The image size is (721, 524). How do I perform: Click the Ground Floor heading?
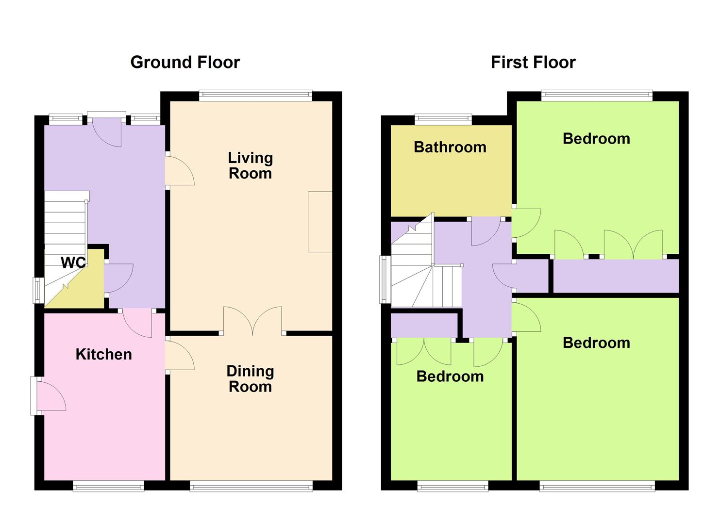pyautogui.click(x=185, y=63)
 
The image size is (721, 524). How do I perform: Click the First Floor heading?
pyautogui.click(x=533, y=63)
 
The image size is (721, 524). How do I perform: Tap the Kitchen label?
pyautogui.click(x=103, y=355)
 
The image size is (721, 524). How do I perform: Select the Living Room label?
pyautogui.click(x=250, y=165)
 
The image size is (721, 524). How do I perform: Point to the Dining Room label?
pyautogui.click(x=250, y=378)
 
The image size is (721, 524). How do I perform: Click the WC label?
pyautogui.click(x=73, y=263)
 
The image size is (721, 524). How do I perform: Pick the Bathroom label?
pyautogui.click(x=450, y=147)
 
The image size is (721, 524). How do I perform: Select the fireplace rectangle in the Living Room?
pyautogui.click(x=320, y=222)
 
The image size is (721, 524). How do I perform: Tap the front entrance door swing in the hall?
pyautogui.click(x=107, y=133)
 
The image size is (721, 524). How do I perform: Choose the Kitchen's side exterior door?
pyautogui.click(x=48, y=395)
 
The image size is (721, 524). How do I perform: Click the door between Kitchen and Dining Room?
pyautogui.click(x=180, y=356)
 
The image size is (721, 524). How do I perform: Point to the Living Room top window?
pyautogui.click(x=255, y=96)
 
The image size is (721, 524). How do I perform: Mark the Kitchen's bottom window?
pyautogui.click(x=108, y=486)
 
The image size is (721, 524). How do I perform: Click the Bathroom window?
pyautogui.click(x=443, y=119)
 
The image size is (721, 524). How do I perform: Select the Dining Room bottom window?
pyautogui.click(x=251, y=486)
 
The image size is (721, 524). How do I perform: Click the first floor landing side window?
pyautogui.click(x=386, y=279)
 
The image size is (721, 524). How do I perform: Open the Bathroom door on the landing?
pyautogui.click(x=486, y=231)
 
